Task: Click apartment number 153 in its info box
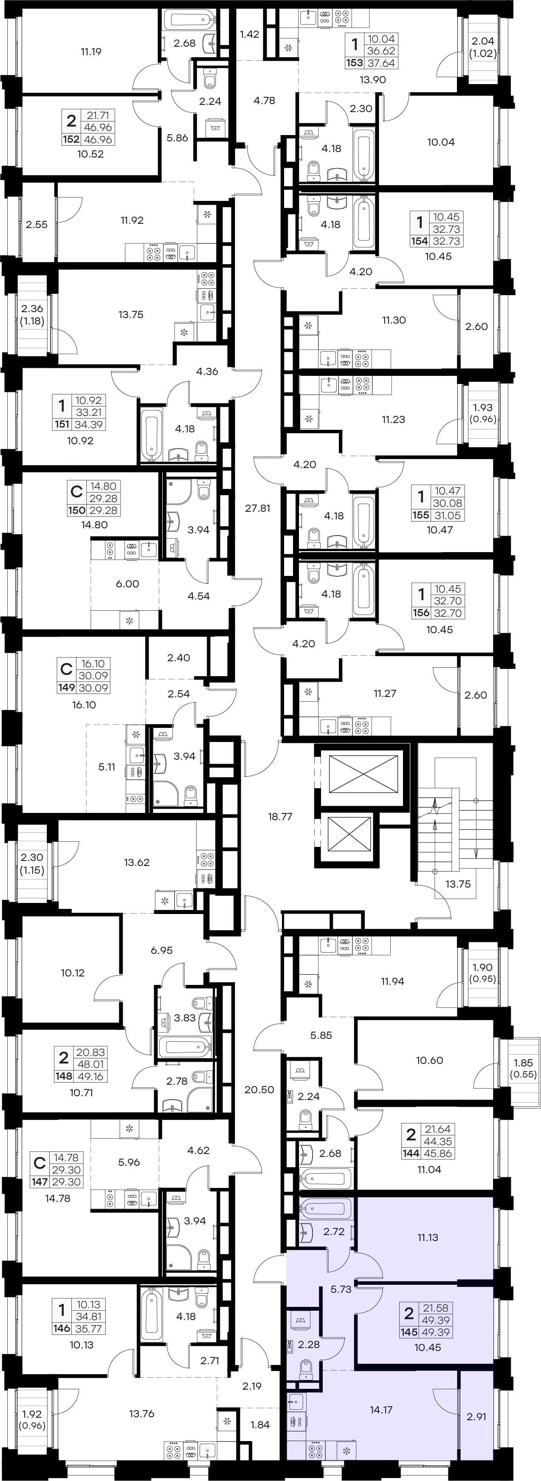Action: click(x=354, y=63)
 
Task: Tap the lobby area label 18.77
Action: click(x=280, y=816)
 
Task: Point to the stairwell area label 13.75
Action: click(x=458, y=884)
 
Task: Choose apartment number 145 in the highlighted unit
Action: click(x=409, y=1332)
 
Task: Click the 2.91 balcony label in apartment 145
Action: click(x=476, y=1416)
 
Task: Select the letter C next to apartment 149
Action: click(x=66, y=669)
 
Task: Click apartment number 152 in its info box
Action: click(x=71, y=139)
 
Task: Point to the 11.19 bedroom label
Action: click(x=91, y=52)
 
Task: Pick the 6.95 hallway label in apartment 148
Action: click(x=161, y=951)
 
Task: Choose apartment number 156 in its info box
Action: click(x=421, y=613)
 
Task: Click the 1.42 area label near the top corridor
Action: click(x=250, y=34)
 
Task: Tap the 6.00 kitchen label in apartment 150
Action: click(x=128, y=584)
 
